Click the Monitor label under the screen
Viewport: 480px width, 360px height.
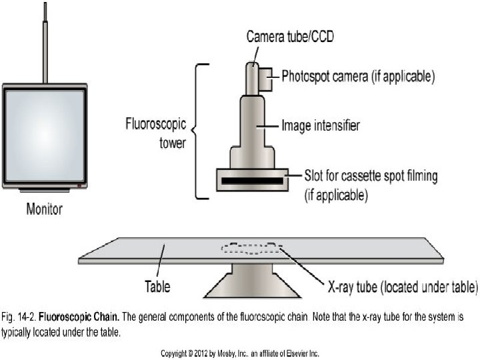(45, 209)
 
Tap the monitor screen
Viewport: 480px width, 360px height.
(44, 135)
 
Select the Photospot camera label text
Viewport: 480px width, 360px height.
(358, 77)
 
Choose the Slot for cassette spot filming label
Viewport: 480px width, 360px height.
(371, 177)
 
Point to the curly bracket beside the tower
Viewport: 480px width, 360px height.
(198, 131)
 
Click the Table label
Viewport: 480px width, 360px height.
(157, 288)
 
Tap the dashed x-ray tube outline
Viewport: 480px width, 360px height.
(251, 249)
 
